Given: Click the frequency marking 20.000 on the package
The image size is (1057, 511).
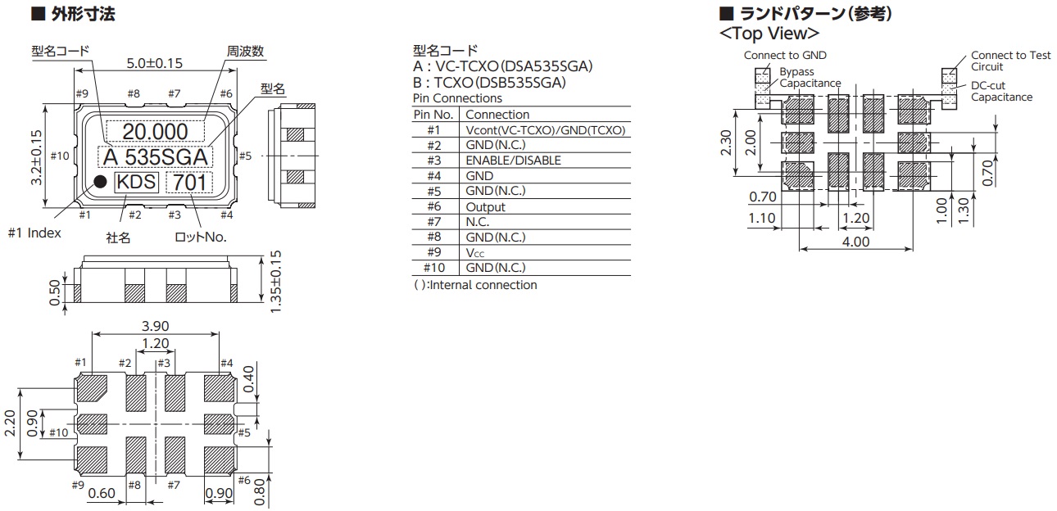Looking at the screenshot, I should (x=156, y=131).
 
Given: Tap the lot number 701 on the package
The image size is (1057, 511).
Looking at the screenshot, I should (x=189, y=183).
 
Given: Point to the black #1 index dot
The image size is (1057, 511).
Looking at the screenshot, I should (x=100, y=182).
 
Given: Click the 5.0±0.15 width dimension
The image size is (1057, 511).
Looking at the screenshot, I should (x=155, y=62).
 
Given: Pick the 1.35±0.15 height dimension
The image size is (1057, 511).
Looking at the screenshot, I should (x=276, y=281).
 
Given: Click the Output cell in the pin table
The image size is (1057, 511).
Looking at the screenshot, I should (x=485, y=207).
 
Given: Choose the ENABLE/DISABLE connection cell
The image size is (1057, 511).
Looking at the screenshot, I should (x=513, y=161).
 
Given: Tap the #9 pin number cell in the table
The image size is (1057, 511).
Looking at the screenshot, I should (x=433, y=253).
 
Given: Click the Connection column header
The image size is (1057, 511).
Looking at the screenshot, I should (x=497, y=115).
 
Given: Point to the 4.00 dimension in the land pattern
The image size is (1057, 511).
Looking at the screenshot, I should (x=856, y=242).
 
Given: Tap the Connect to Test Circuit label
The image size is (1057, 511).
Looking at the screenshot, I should (x=1010, y=61).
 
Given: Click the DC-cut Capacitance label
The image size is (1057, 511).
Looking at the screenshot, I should (x=1001, y=91).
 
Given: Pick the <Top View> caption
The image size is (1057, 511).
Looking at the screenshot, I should (x=769, y=34).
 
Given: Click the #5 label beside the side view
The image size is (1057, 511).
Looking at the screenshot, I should (x=245, y=156).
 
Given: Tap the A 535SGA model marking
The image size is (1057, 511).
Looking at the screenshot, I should (x=155, y=156).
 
